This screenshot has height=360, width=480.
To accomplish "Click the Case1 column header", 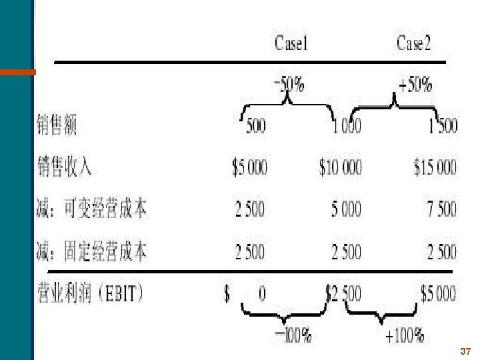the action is [x=291, y=45].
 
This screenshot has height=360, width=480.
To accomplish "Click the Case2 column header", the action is [x=414, y=45].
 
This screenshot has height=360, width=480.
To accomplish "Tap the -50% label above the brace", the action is [x=289, y=85].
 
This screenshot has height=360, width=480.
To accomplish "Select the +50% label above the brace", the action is [x=415, y=85].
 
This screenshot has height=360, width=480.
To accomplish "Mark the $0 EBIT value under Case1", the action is [x=245, y=293].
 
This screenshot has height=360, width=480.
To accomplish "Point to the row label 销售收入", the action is [x=65, y=167].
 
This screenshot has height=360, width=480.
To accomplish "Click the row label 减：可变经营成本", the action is [x=91, y=209].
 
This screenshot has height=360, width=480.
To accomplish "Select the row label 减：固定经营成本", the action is [x=91, y=252].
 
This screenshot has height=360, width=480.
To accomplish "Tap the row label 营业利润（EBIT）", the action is [x=90, y=293].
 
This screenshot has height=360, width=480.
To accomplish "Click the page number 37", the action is [x=466, y=351].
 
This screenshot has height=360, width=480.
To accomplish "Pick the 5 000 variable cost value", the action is [x=347, y=209].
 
